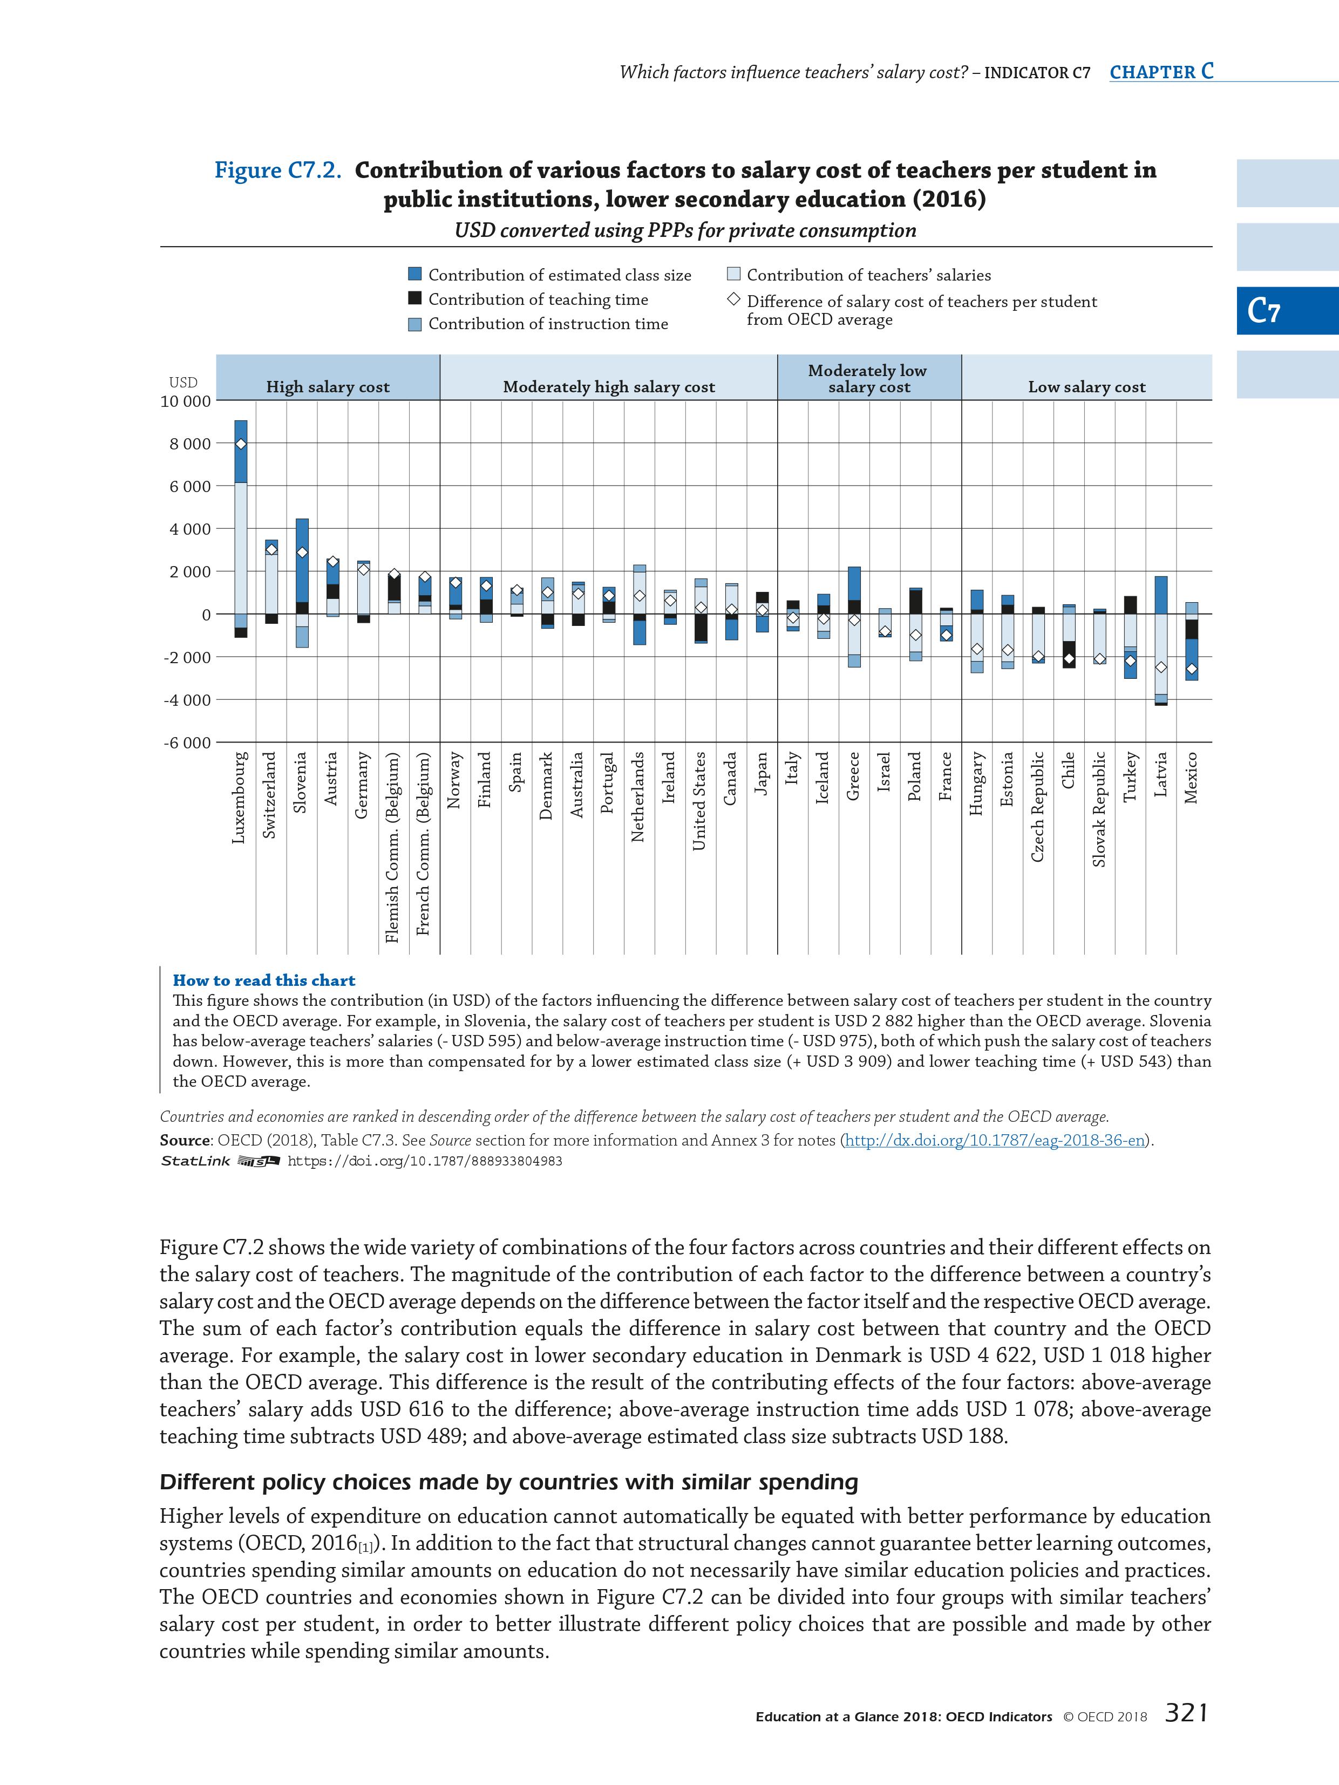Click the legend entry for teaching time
pyautogui.click(x=538, y=299)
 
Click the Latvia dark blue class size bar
pyautogui.click(x=1160, y=595)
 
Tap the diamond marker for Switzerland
pyautogui.click(x=271, y=549)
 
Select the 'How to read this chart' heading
pyautogui.click(x=264, y=980)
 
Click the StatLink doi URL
pyautogui.click(x=425, y=1161)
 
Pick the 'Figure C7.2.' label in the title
pyautogui.click(x=277, y=171)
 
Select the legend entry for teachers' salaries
pyautogui.click(x=868, y=275)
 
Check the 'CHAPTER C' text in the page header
pyautogui.click(x=1160, y=72)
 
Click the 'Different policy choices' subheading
pyautogui.click(x=508, y=1482)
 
